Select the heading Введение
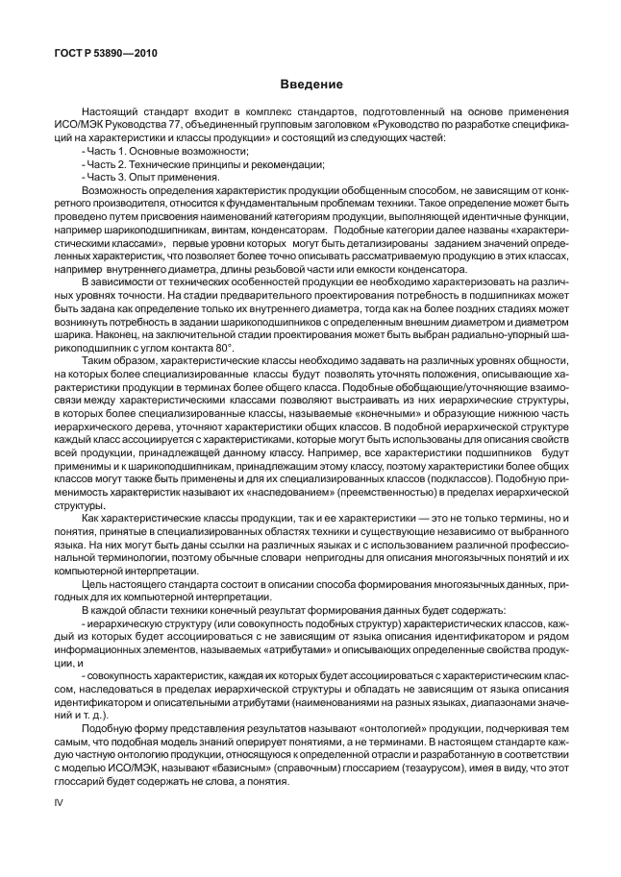click(310, 85)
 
